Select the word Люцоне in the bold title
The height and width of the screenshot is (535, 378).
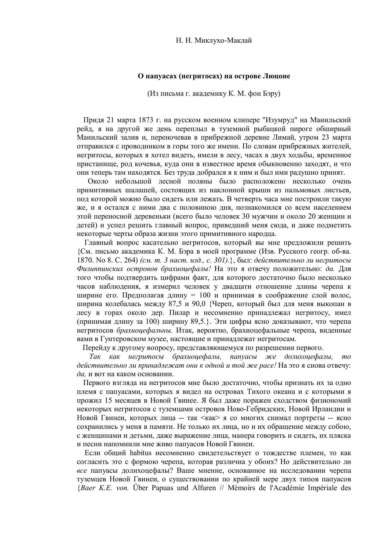276,76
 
